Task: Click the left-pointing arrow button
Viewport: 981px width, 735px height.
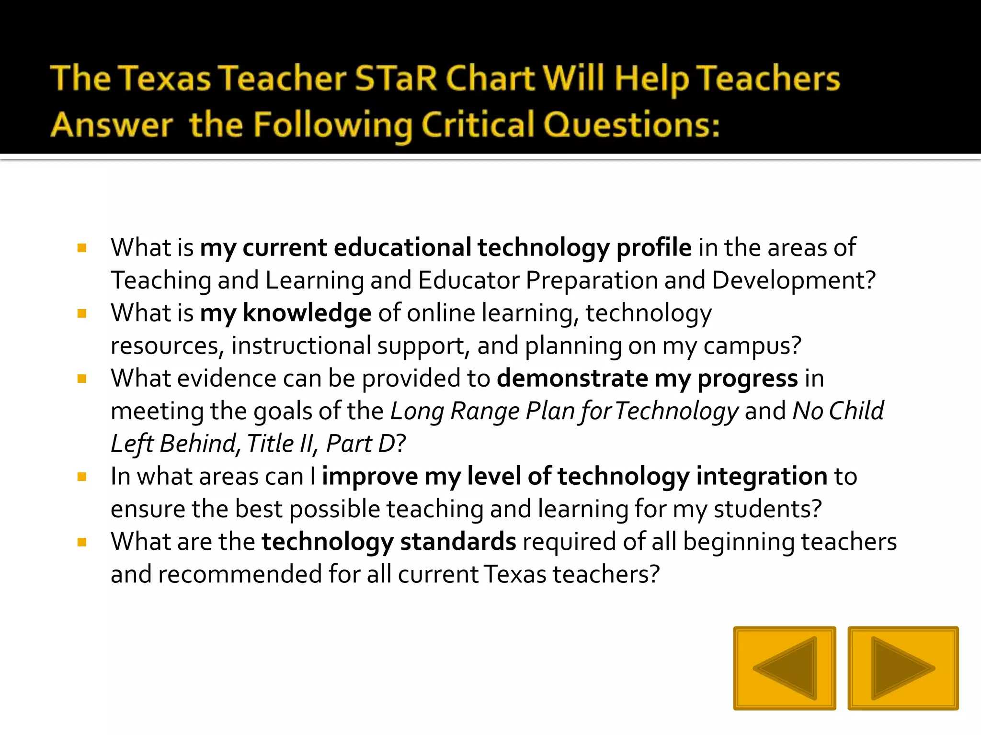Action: (785, 668)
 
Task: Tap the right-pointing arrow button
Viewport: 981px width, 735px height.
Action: (903, 668)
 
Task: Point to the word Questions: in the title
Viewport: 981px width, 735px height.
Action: (631, 125)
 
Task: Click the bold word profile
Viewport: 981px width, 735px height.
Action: (653, 248)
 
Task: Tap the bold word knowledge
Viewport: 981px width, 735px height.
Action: (307, 313)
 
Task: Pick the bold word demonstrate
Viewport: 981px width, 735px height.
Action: (572, 379)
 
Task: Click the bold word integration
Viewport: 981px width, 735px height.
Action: (762, 477)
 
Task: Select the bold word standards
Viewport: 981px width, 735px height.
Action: (458, 542)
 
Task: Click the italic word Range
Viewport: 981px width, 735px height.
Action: (485, 411)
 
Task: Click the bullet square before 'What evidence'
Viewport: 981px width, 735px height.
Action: (82, 379)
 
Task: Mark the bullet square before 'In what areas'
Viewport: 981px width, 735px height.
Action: (82, 477)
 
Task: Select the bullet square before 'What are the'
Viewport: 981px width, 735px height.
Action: (82, 542)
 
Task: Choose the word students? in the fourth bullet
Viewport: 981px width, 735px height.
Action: (767, 509)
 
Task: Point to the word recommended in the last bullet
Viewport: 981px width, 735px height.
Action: (240, 574)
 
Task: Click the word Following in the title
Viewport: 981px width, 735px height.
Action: (332, 125)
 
